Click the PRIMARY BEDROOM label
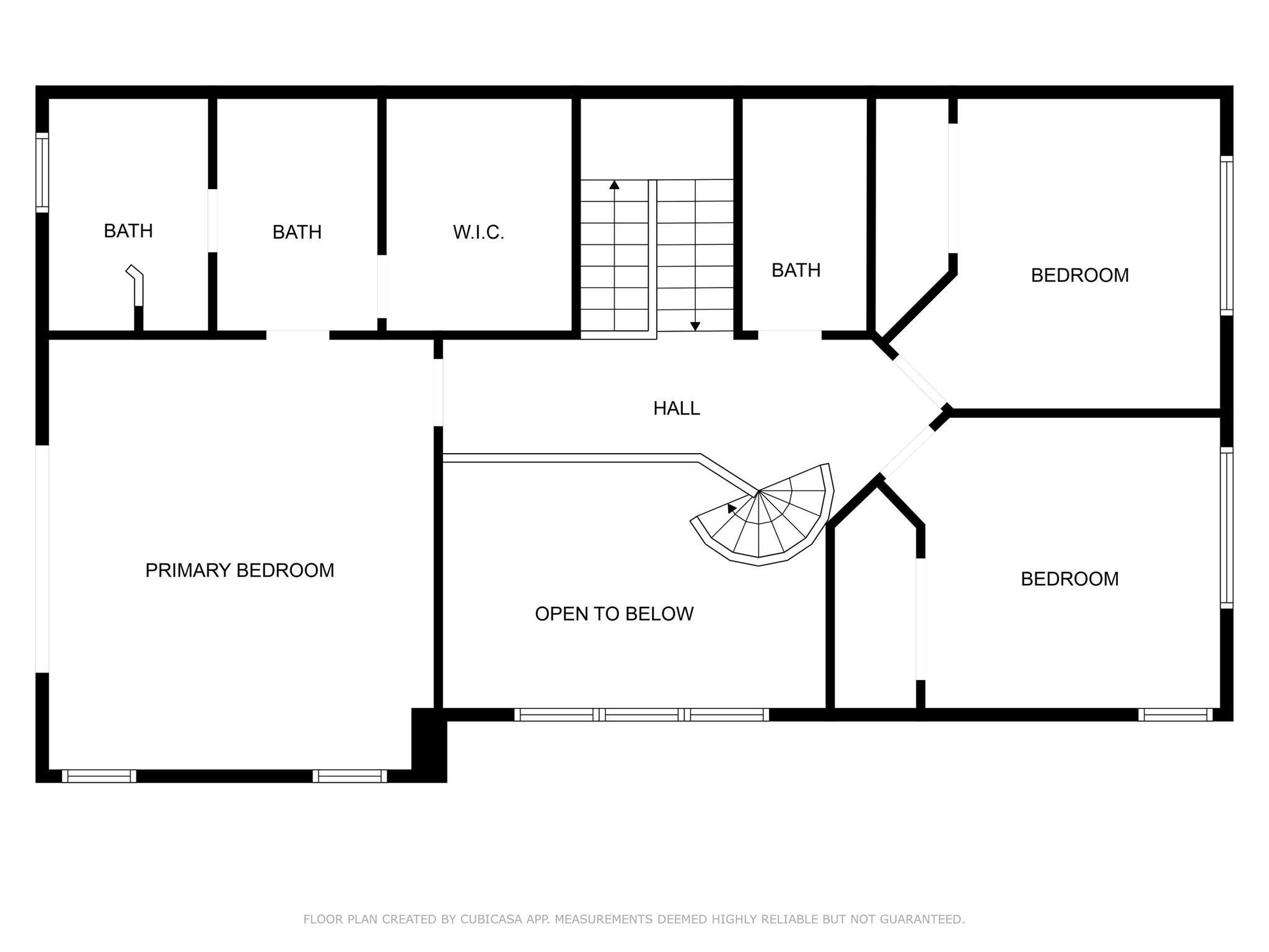tap(240, 570)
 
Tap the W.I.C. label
tap(478, 232)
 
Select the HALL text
tap(677, 408)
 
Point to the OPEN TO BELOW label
tap(614, 614)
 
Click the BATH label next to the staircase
tap(796, 270)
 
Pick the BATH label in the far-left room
tap(128, 231)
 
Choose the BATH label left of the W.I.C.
tap(297, 232)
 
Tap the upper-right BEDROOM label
tap(1080, 275)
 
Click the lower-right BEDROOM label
tap(1070, 579)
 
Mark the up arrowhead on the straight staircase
tap(614, 185)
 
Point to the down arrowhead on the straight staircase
tap(695, 326)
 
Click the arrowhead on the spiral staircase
tap(732, 508)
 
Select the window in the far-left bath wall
tap(42, 172)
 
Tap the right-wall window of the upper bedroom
tap(1227, 236)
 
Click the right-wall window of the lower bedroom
tap(1227, 527)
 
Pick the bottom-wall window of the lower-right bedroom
tap(1175, 715)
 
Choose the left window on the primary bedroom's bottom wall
tap(99, 776)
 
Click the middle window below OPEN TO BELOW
tap(642, 715)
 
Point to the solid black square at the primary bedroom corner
tap(429, 745)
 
